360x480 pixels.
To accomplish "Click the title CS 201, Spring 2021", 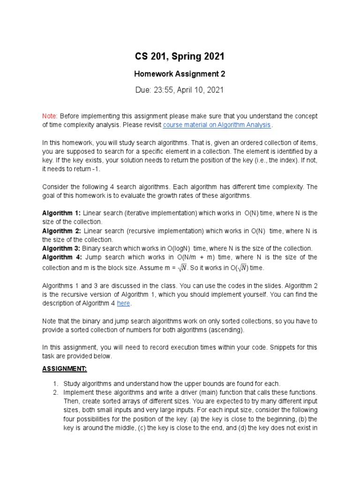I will point(180,57).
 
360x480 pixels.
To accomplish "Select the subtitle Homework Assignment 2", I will point(180,74).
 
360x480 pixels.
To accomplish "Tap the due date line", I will point(180,90).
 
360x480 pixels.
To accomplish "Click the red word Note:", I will point(50,116).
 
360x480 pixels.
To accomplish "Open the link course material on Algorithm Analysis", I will point(217,125).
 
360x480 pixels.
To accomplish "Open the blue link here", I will point(123,303).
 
